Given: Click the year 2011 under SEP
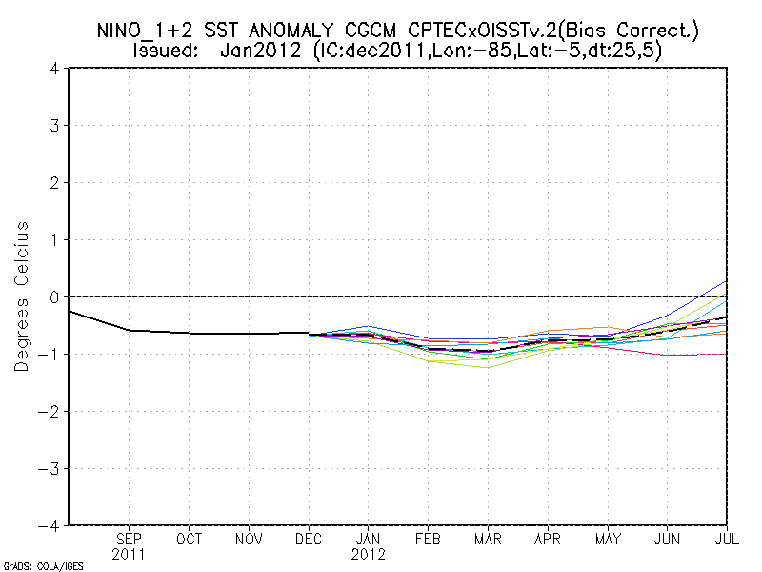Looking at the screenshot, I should point(130,554).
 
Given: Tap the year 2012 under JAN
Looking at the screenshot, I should point(368,554).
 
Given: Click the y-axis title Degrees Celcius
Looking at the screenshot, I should point(22,296).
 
